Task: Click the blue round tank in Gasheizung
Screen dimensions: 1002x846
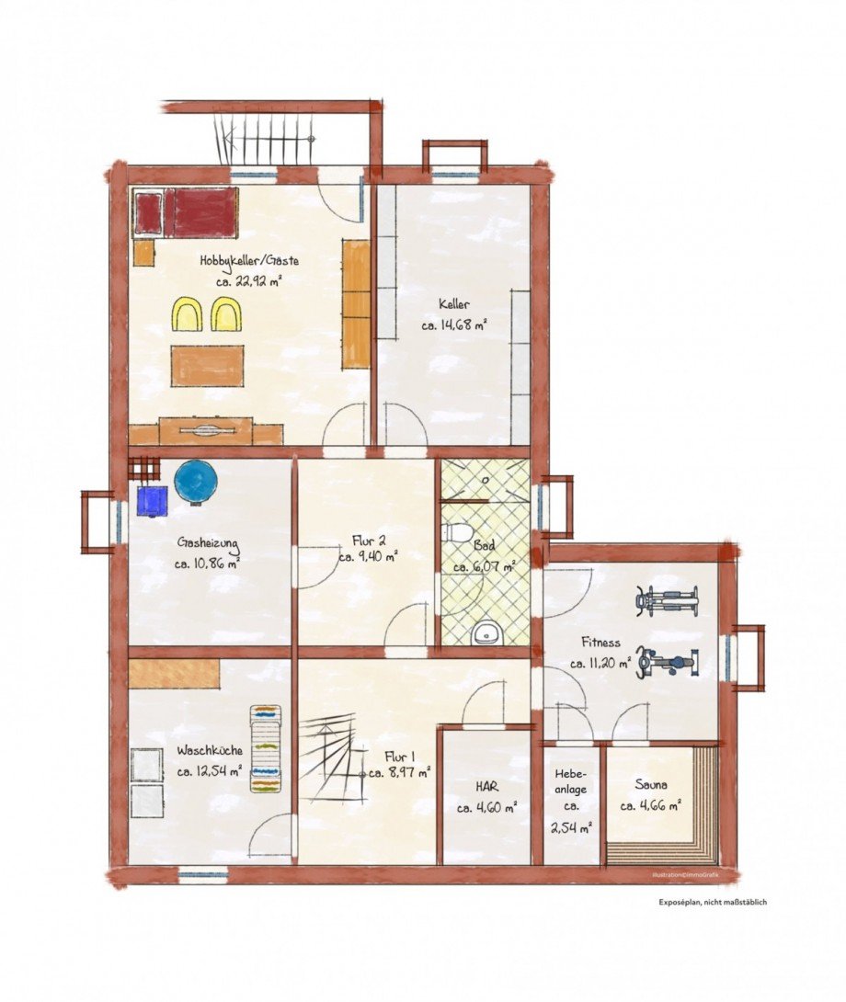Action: (x=196, y=483)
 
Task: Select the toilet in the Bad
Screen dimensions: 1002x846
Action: (x=456, y=532)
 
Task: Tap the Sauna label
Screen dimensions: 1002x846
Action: (x=650, y=786)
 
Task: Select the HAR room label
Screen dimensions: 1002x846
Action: (x=486, y=788)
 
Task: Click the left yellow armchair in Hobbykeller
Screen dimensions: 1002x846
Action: (x=189, y=313)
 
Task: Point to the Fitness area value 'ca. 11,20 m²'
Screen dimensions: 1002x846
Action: (x=600, y=663)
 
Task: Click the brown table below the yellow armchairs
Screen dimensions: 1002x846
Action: (x=207, y=366)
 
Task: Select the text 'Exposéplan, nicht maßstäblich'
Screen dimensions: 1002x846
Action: (x=713, y=902)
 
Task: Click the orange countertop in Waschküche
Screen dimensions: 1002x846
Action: (x=174, y=673)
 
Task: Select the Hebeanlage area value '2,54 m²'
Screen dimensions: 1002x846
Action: (x=570, y=826)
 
